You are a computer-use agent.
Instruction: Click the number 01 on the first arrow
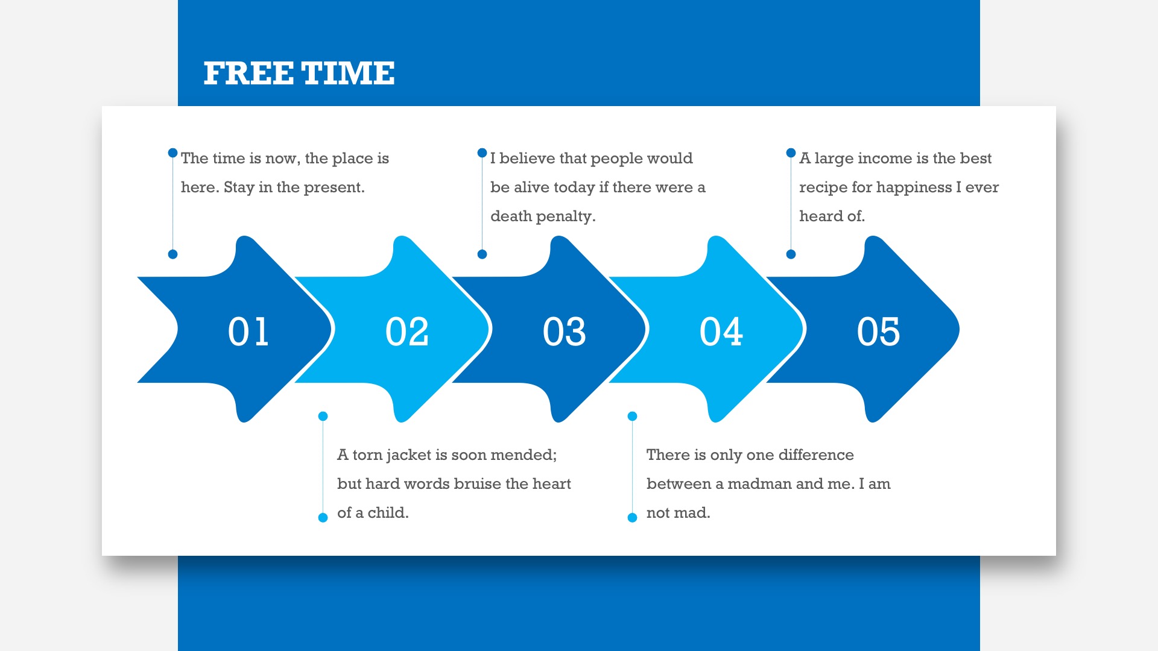click(x=248, y=332)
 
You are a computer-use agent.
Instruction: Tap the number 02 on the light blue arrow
click(x=407, y=332)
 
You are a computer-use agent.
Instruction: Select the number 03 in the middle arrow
click(x=564, y=332)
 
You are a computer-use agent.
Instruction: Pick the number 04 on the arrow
click(x=721, y=332)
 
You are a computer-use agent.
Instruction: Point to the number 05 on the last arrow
click(x=878, y=332)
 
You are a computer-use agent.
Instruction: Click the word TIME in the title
click(x=348, y=74)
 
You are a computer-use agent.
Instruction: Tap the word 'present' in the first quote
click(x=334, y=187)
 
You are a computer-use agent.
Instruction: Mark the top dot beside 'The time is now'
click(x=172, y=153)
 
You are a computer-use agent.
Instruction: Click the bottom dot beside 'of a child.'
click(x=323, y=517)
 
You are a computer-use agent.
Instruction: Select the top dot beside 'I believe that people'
click(x=482, y=153)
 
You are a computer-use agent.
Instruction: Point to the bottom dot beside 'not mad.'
click(x=632, y=517)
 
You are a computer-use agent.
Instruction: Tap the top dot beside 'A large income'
click(x=791, y=153)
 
